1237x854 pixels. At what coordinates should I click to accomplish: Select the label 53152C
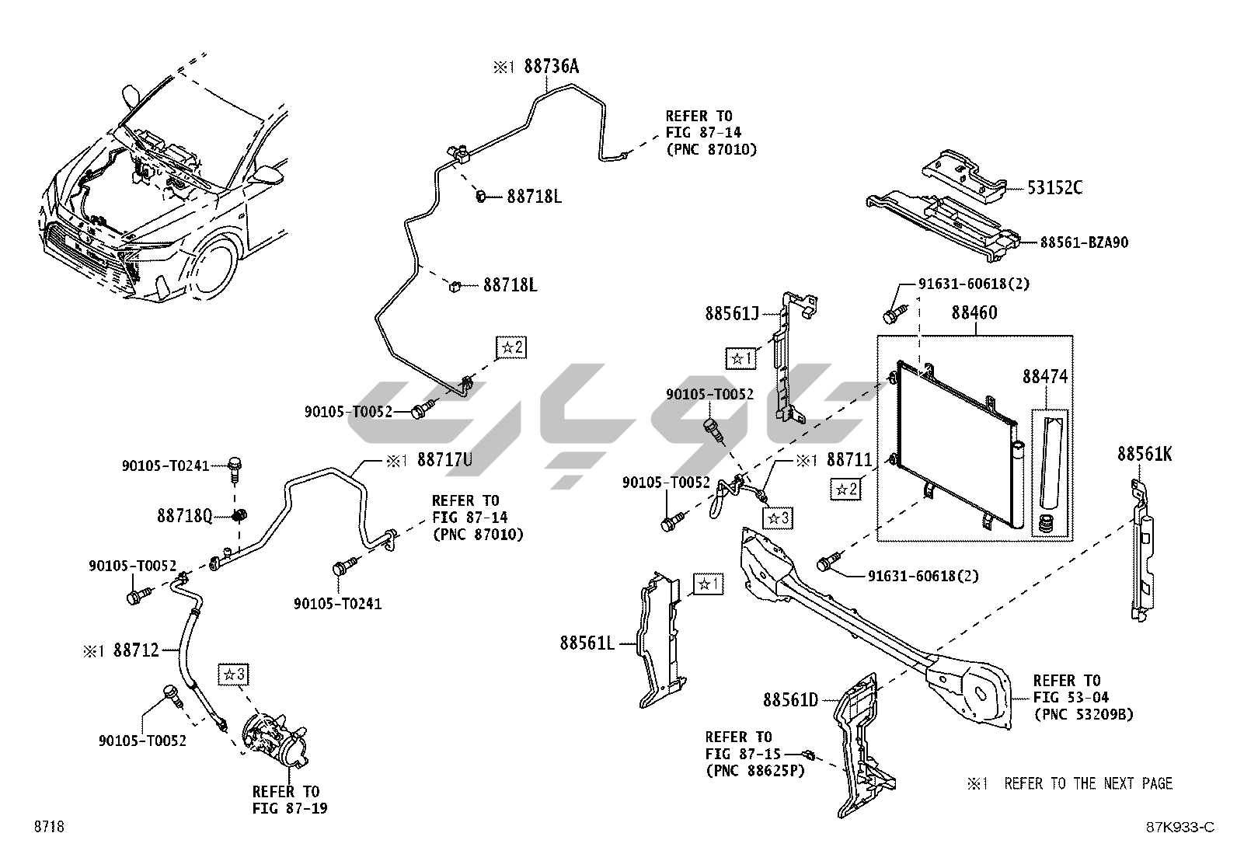pos(1054,187)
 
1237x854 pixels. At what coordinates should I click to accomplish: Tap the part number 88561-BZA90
pos(1084,242)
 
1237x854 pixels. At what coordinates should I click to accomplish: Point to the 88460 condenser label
pos(974,313)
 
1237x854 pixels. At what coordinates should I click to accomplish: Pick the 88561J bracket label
pos(732,313)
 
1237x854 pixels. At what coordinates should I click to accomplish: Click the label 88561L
pos(587,643)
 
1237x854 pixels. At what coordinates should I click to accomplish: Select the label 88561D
pos(790,700)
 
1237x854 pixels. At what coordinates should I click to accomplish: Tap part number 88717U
pos(444,460)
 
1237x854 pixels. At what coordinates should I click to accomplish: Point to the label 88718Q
pos(184,516)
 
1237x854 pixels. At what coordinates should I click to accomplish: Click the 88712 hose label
pos(136,650)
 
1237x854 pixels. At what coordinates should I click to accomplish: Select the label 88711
pos(851,460)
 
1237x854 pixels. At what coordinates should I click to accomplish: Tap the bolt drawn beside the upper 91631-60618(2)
pos(891,315)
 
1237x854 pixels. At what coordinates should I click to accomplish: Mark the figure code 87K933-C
pos(1177,827)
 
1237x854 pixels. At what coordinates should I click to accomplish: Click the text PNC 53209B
pos(1082,714)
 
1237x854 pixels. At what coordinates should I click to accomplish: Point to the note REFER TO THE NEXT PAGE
pos(1088,783)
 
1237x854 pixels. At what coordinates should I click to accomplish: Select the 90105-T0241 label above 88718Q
pos(166,465)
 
